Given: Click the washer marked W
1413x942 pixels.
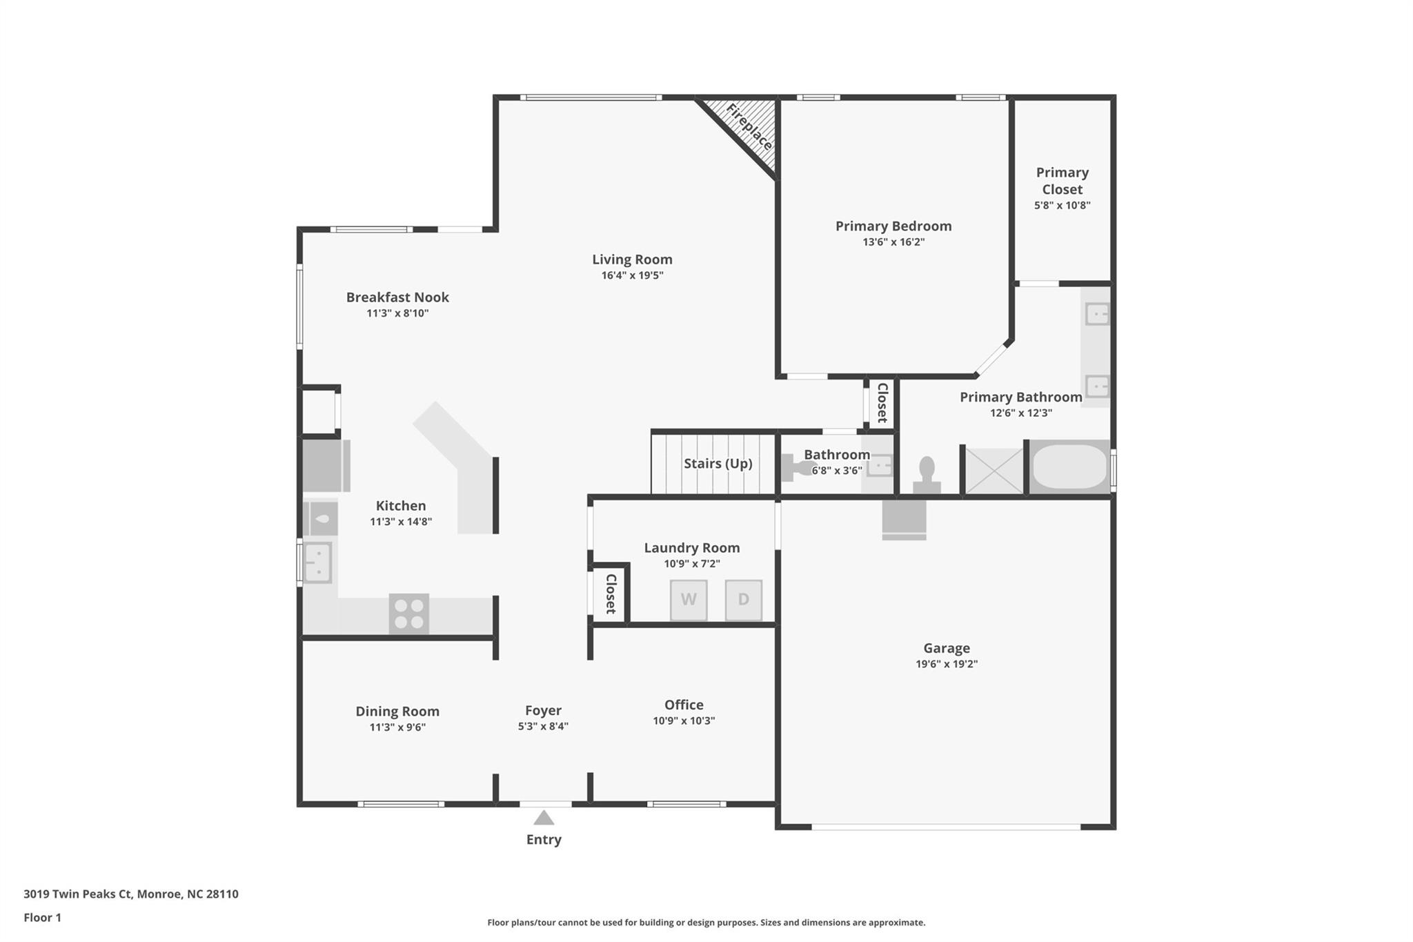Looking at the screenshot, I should [x=688, y=599].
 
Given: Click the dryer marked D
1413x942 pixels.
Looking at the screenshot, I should [x=743, y=599].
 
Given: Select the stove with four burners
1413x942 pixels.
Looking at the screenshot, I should [x=408, y=614].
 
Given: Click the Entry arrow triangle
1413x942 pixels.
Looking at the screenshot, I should [x=544, y=818].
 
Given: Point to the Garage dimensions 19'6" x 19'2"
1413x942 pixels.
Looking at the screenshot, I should [x=946, y=664].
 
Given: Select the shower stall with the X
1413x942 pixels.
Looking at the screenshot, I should [x=994, y=471].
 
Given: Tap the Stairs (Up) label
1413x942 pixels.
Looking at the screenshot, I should [x=718, y=463].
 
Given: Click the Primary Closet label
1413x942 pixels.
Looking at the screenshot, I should [x=1062, y=181].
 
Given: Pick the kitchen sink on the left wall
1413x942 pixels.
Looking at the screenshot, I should [x=318, y=562].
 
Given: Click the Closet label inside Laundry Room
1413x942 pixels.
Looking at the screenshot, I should [x=611, y=593].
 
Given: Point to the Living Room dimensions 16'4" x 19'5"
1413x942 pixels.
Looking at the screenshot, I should [x=632, y=275].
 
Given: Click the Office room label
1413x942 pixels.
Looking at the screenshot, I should [x=684, y=705].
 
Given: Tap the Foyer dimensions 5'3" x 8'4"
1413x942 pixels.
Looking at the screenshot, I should [x=543, y=726].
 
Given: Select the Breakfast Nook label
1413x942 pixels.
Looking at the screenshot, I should [x=397, y=297].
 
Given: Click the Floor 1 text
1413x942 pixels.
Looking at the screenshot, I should [x=42, y=917].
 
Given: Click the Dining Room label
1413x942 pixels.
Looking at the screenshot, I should [x=397, y=711].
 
